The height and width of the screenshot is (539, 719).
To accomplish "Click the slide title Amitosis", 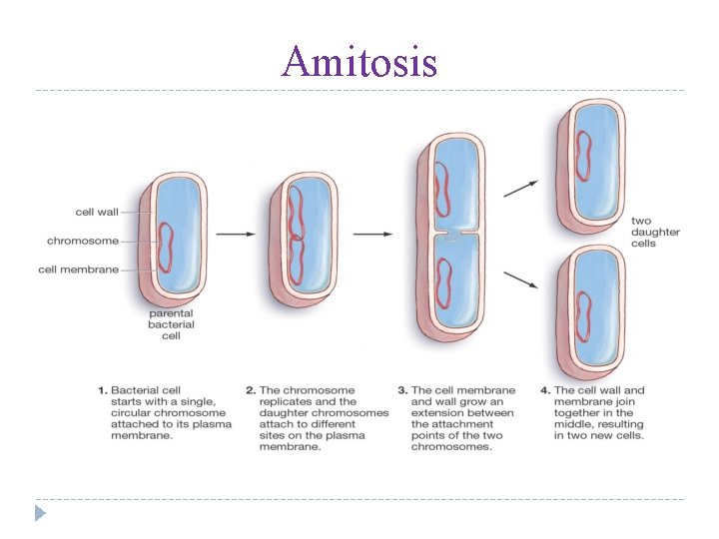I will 359,62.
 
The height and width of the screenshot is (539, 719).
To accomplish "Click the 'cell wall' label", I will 96,212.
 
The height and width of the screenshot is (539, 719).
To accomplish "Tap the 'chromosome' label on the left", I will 82,241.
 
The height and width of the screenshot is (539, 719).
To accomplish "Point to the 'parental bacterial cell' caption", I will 171,324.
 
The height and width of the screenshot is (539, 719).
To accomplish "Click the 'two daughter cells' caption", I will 655,232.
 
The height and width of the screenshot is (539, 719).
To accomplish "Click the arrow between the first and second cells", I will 237,234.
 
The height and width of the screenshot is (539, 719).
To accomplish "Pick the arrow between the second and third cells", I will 371,234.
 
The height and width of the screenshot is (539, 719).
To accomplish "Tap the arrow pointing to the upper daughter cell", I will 520,188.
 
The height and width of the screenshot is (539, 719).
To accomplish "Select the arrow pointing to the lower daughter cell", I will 520,279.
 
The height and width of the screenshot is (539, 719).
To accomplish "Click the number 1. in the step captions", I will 102,391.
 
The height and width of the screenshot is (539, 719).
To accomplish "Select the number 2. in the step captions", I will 251,391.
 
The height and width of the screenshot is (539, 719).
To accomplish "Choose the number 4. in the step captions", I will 545,391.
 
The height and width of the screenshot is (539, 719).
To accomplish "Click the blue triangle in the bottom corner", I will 40,513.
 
